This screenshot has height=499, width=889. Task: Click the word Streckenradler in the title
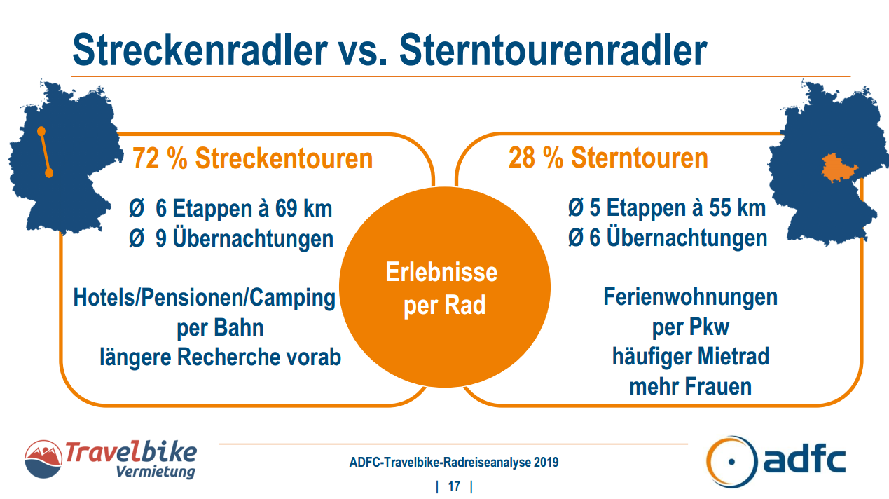coord(200,50)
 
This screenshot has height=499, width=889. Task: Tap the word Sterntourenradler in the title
coord(553,50)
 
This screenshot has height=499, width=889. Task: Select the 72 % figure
coord(160,158)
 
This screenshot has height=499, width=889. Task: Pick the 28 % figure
coord(536,158)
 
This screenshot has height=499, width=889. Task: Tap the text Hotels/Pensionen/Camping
coord(205,298)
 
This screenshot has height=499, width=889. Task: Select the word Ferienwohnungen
coord(690,297)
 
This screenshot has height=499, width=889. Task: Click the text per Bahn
coord(220,328)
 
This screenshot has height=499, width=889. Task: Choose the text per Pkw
coord(691,327)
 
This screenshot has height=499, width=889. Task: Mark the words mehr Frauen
coord(691,386)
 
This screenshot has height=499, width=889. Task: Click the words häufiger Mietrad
coord(691,357)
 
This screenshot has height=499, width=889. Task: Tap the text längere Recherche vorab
coord(220,357)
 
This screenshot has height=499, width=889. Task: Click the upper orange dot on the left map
coord(41,131)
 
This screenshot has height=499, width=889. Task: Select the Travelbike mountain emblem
coord(43,459)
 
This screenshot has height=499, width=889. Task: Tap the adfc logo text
coord(804,460)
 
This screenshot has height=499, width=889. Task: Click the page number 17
coord(454,486)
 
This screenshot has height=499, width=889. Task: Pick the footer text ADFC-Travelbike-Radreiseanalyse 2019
coord(454,463)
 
